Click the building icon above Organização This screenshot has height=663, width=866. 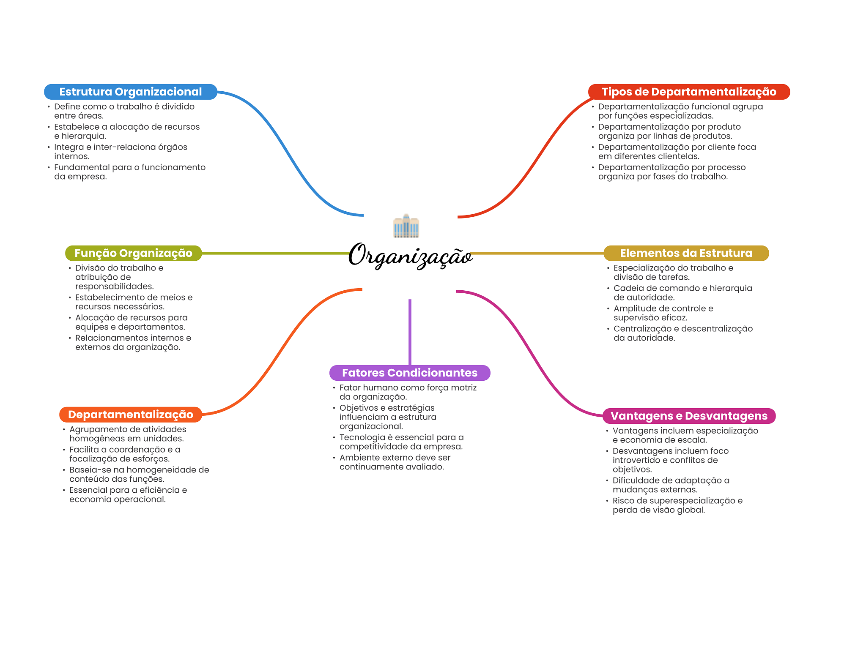(406, 226)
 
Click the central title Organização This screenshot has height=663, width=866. (410, 256)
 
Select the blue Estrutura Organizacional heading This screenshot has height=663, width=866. (130, 92)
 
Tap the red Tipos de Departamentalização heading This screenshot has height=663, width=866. (689, 92)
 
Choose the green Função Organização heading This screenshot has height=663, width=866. (133, 253)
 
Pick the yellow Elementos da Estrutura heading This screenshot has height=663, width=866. (686, 253)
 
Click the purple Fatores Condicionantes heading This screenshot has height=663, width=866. (409, 373)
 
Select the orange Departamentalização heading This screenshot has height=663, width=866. (130, 415)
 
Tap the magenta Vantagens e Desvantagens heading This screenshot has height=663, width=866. (689, 416)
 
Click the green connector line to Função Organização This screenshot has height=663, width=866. (275, 253)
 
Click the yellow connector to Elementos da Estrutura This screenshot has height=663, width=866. (537, 253)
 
